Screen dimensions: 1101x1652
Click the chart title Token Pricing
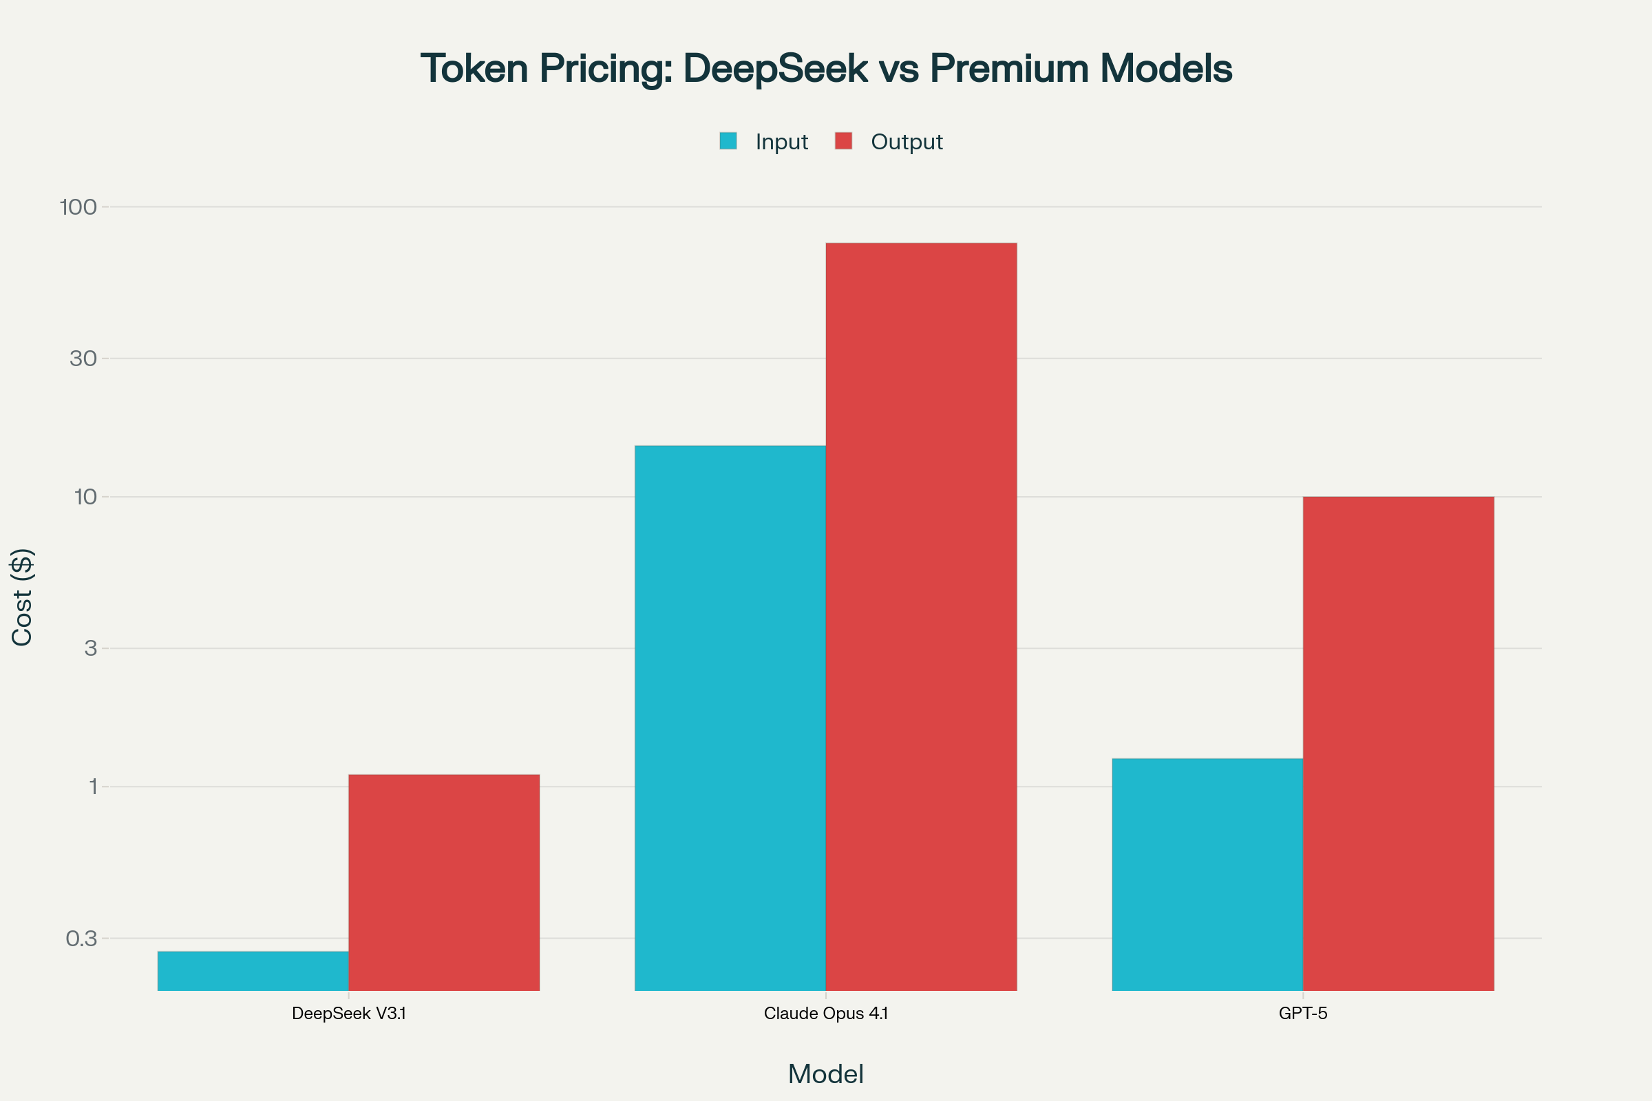[x=826, y=69]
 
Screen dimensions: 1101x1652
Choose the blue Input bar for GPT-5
[x=1207, y=874]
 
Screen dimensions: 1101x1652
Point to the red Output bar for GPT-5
[x=1398, y=744]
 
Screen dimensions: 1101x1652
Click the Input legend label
[x=781, y=142]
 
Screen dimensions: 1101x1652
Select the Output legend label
[x=906, y=142]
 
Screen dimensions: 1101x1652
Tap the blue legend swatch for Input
[x=728, y=141]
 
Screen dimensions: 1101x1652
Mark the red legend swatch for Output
[x=844, y=141]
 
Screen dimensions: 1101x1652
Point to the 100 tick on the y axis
[x=78, y=207]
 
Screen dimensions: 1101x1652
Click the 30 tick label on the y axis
[x=83, y=359]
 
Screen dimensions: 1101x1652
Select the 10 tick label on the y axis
[x=85, y=497]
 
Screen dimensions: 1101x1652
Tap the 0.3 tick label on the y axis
[x=81, y=938]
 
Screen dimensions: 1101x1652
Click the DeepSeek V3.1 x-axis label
[x=348, y=1014]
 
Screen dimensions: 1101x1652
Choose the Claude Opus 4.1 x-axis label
[x=825, y=1014]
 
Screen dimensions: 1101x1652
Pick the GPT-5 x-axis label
[x=1302, y=1014]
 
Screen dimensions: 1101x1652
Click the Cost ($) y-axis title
[x=23, y=597]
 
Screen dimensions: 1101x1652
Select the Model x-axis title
[x=825, y=1074]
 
